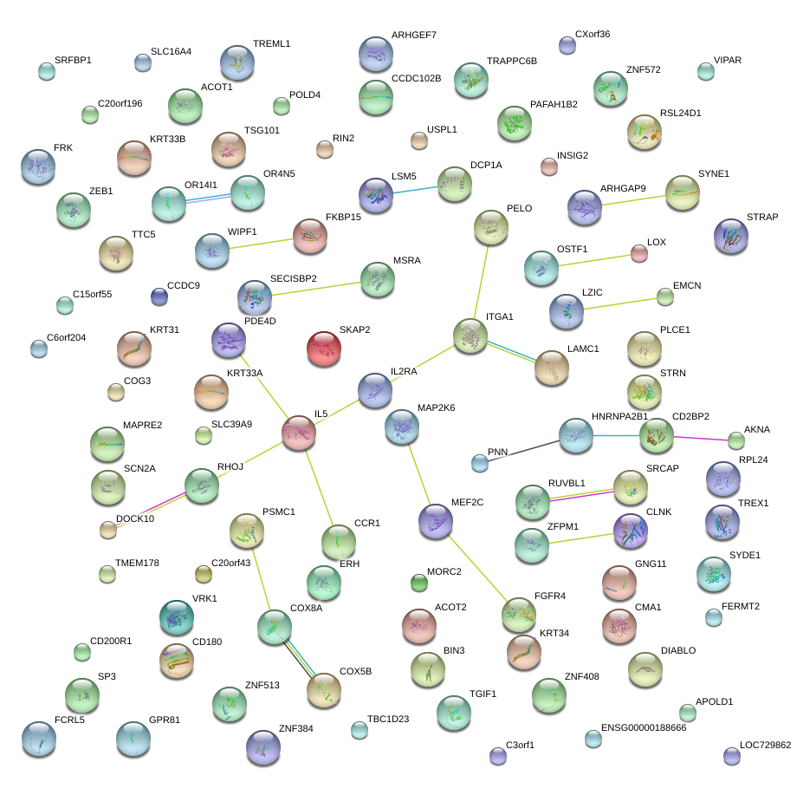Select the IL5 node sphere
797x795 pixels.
[299, 433]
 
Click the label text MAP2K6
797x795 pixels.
[437, 407]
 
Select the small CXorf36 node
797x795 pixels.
[567, 45]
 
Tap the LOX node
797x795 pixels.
[638, 253]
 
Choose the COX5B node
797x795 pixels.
[324, 690]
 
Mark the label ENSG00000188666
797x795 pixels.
[644, 728]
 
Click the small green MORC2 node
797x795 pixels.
[419, 583]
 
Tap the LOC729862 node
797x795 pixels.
[732, 757]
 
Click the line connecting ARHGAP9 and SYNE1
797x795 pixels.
[633, 200]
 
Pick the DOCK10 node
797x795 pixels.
[108, 529]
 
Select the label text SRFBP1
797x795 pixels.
[73, 61]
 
